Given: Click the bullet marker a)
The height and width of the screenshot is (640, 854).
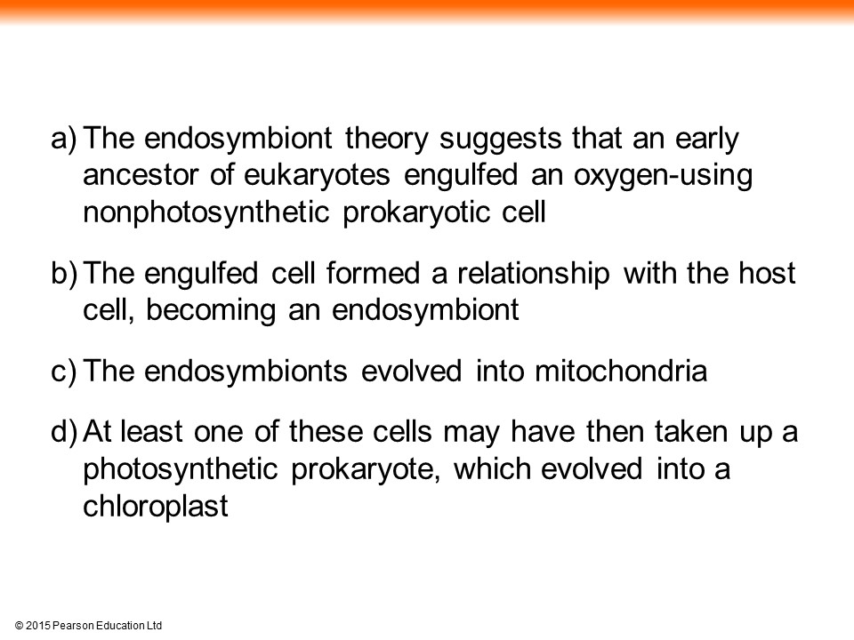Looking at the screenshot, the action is tap(64, 140).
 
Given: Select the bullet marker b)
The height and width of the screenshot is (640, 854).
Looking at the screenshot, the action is tap(64, 274).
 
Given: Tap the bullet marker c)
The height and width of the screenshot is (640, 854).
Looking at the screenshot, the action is tap(64, 372).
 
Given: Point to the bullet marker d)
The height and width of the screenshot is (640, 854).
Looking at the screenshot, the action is tap(64, 433).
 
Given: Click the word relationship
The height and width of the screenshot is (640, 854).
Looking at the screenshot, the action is tap(533, 275).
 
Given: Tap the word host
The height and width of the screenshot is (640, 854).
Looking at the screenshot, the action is tap(767, 273).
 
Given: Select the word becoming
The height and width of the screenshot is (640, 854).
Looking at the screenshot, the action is tap(211, 311).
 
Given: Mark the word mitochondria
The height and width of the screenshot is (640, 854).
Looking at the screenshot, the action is tap(621, 372).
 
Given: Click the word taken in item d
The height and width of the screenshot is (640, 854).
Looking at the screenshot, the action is tap(691, 432).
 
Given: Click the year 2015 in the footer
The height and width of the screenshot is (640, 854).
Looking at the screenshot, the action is tap(38, 626).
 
